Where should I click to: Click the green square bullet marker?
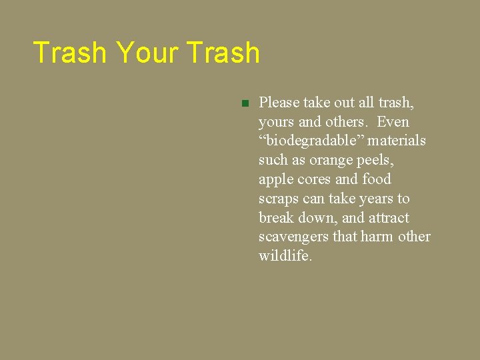point(245,103)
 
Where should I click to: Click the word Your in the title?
point(148,53)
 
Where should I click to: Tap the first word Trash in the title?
point(69,53)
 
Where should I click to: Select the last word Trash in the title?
point(223,53)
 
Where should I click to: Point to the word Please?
point(279,103)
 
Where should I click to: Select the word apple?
point(276,180)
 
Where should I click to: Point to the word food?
point(377,179)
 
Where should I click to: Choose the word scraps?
point(279,199)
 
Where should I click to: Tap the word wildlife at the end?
point(284,256)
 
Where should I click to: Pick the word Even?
point(393,122)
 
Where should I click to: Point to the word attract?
point(389,218)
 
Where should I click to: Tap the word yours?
point(276,123)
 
